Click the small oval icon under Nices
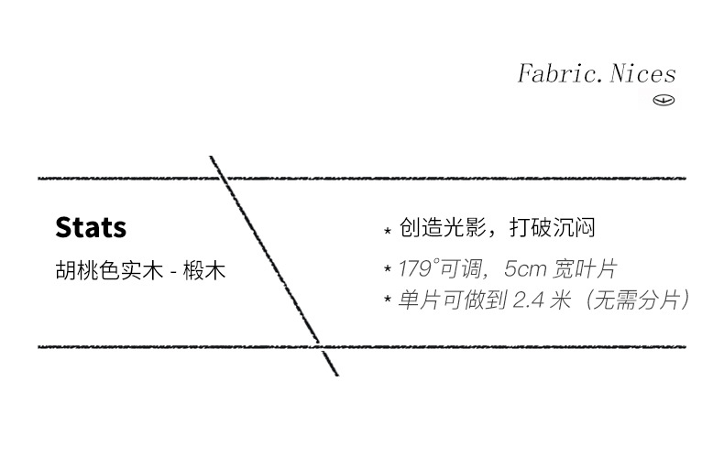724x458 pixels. pos(664,100)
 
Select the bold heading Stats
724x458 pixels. pos(91,227)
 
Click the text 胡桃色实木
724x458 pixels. pos(109,272)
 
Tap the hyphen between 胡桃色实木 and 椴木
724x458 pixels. pos(174,273)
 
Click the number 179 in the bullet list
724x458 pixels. pos(415,270)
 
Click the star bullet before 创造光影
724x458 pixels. pos(388,230)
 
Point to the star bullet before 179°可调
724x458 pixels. pos(388,271)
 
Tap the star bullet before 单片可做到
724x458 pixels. pos(388,300)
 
